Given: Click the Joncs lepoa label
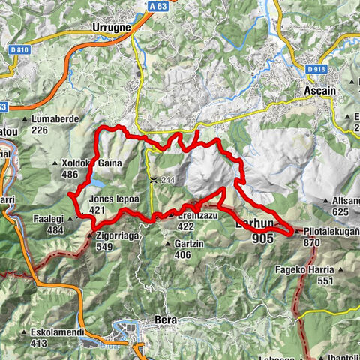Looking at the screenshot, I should pos(110,199).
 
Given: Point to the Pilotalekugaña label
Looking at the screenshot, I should pos(332,232).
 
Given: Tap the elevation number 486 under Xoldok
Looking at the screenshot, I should pos(70,174).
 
